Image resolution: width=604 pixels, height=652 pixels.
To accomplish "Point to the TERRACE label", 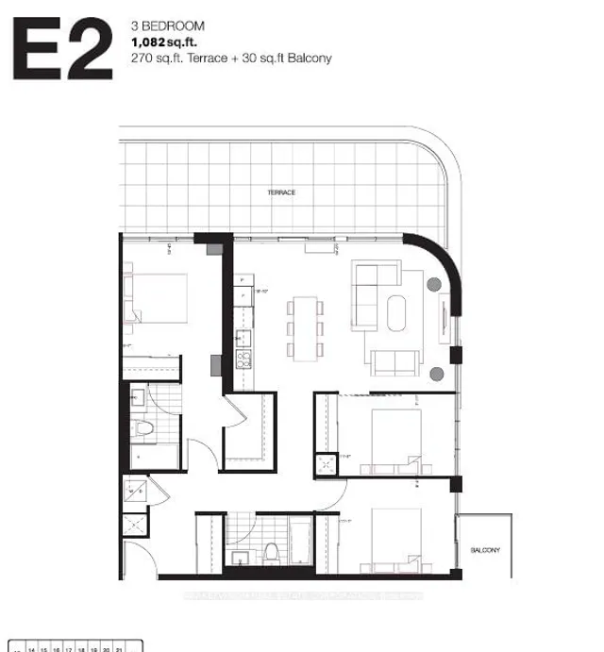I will tap(281, 192).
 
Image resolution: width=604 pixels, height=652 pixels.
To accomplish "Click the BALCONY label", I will tap(485, 549).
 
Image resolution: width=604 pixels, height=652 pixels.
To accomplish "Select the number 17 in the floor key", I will tap(68, 650).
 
